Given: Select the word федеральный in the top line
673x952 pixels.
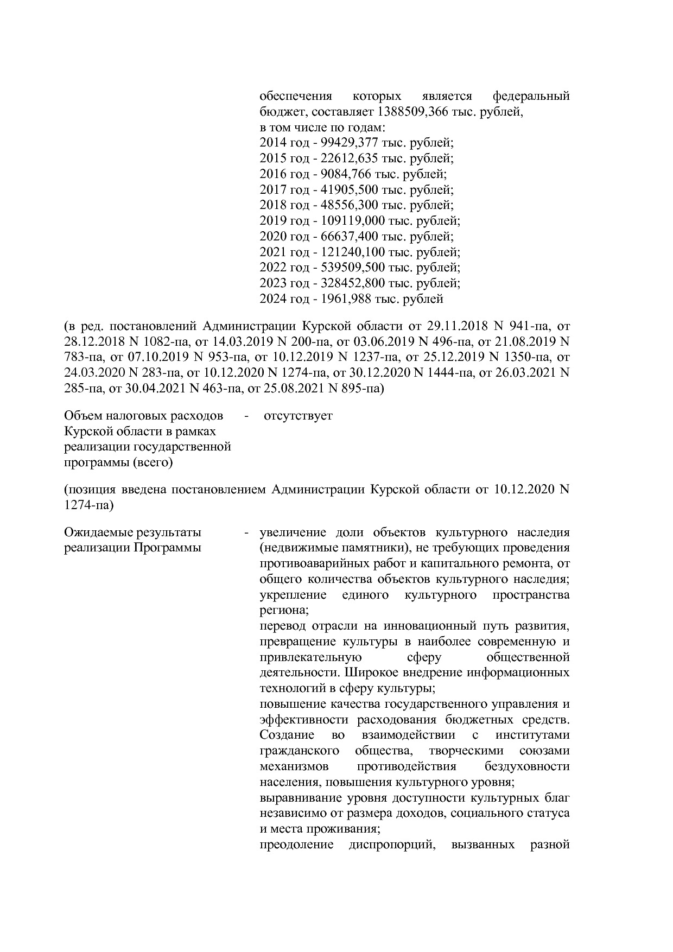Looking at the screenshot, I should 531,97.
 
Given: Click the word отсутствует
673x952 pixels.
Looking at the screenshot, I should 298,416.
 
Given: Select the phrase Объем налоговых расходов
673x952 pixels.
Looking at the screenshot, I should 144,416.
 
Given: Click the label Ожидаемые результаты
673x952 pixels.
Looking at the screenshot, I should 132,532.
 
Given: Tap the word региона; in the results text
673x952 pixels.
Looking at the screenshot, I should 284,610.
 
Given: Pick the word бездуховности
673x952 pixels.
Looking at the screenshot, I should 527,767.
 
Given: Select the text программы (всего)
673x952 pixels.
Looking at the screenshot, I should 118,462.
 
